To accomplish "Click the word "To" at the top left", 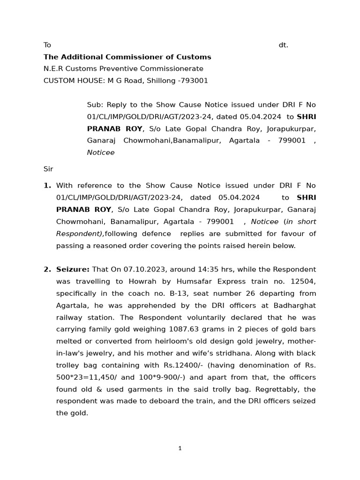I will point(47,45).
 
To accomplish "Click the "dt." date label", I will point(283,45).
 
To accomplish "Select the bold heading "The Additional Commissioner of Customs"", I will point(127,57).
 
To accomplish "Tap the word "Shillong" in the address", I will point(161,81).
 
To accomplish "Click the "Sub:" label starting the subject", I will point(95,105).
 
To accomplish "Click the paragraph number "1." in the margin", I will point(47,185).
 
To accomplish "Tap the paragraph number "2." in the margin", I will point(47,269).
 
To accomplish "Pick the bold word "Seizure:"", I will point(73,269).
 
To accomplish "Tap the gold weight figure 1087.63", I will point(184,329).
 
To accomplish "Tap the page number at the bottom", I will point(180,448).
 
